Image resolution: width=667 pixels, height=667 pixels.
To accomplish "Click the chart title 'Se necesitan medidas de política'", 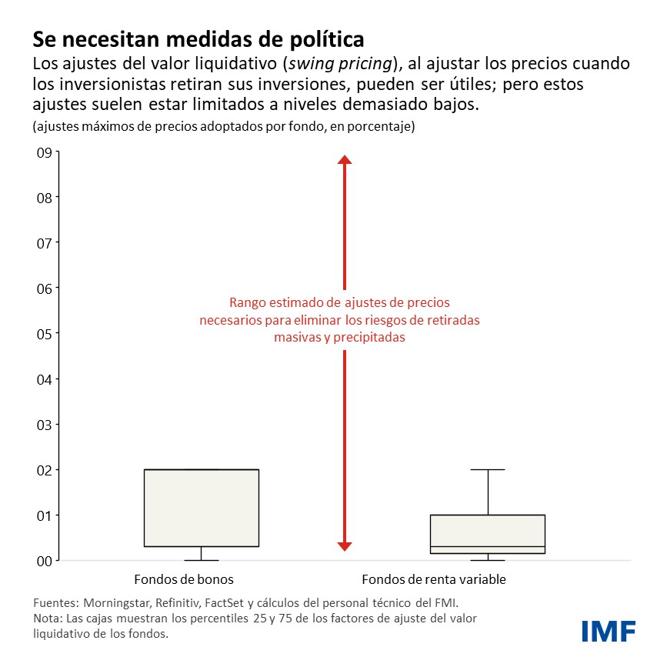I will (x=198, y=38).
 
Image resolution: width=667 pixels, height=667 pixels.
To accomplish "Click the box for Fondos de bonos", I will (x=202, y=508).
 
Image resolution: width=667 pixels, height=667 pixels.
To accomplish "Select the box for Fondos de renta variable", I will (x=488, y=534).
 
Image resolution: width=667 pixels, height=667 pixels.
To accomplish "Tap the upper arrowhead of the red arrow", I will (x=345, y=160).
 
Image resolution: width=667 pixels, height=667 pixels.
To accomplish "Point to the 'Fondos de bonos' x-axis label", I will (x=183, y=579).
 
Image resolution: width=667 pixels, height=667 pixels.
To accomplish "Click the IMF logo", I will (x=609, y=631).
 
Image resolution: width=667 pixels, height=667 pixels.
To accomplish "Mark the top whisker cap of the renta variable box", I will (x=488, y=469).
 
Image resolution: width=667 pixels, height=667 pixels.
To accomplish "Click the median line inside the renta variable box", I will (x=488, y=546).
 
